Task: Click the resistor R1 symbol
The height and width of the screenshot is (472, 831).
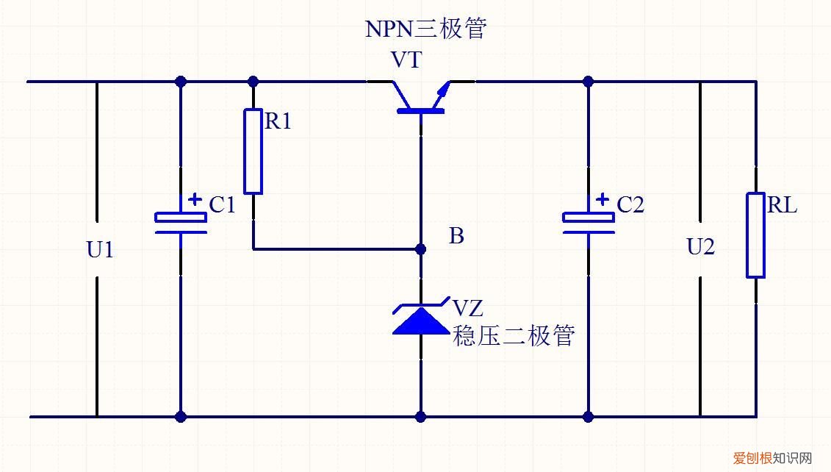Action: point(253,151)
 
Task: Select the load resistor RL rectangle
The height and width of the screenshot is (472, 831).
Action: point(755,235)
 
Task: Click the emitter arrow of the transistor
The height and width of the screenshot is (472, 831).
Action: point(443,91)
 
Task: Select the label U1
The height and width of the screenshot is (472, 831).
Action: point(100,250)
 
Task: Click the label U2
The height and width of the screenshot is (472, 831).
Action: point(700,247)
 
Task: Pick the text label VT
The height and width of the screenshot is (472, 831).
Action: point(406,60)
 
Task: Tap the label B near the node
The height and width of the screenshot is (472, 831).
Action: point(456,236)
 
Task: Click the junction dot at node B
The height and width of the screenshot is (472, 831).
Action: point(420,249)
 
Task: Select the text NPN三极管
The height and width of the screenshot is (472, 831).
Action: point(425,29)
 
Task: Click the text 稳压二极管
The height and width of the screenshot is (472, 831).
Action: point(513,336)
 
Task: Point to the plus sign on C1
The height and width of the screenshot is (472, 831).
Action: point(195,199)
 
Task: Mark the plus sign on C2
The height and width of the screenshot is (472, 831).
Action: point(602,199)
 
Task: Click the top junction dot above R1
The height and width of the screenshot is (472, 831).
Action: point(253,81)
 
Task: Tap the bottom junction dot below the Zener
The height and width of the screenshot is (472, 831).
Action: point(420,417)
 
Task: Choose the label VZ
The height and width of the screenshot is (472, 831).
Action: point(468,306)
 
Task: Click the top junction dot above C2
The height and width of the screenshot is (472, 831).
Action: point(588,81)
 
